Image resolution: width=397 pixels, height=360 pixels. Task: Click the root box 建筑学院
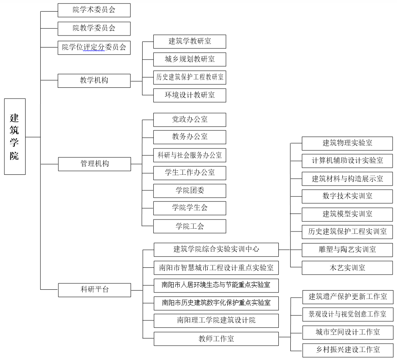pos(15,136)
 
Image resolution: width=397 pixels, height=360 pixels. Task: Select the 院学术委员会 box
pos(94,10)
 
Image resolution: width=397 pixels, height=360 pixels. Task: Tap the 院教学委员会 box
pos(94,28)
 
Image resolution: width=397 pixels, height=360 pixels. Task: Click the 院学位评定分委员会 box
pos(94,47)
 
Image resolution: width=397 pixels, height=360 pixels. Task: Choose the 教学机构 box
pos(94,81)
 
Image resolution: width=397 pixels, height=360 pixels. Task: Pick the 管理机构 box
pos(94,164)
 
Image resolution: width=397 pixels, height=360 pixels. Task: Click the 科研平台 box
pos(94,290)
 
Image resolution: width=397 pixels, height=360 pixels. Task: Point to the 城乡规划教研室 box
pos(190,59)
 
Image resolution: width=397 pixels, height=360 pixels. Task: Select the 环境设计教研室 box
pos(190,95)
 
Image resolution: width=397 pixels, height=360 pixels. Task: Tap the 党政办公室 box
pos(190,120)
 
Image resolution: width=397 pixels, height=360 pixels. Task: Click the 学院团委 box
pos(190,190)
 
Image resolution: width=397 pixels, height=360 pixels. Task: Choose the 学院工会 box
pos(190,226)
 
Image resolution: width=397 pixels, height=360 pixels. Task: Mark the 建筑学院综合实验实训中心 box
pos(216,249)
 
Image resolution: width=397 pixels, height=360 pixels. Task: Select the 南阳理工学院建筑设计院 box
pos(216,320)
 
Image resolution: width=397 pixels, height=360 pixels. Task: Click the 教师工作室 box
pos(216,339)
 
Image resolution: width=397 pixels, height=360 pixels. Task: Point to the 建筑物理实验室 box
pos(347,143)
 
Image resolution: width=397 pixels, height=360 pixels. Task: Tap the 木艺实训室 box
pos(347,268)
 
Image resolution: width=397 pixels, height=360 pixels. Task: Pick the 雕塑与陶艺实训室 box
pos(347,250)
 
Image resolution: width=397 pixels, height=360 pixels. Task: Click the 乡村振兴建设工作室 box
pos(347,350)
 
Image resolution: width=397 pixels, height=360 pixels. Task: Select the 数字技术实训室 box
pos(347,196)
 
